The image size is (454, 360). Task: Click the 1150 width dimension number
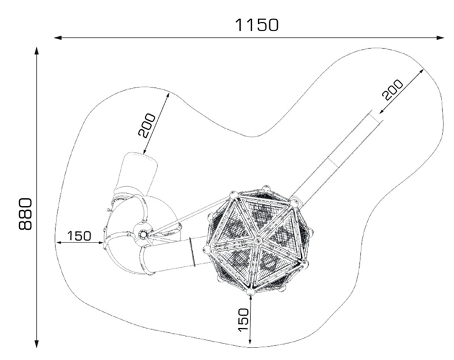[x=257, y=25]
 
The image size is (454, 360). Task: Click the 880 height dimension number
[x=25, y=214]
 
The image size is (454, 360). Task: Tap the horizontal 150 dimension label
[x=79, y=236]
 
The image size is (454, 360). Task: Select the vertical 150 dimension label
[x=243, y=320]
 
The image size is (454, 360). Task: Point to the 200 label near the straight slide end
[x=393, y=90]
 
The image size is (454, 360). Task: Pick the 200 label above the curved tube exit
[x=147, y=125]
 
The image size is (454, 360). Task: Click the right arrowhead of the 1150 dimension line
[x=440, y=37]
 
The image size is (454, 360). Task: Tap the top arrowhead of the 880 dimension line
[x=36, y=50]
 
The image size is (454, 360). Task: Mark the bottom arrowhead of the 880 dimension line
[x=36, y=344]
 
